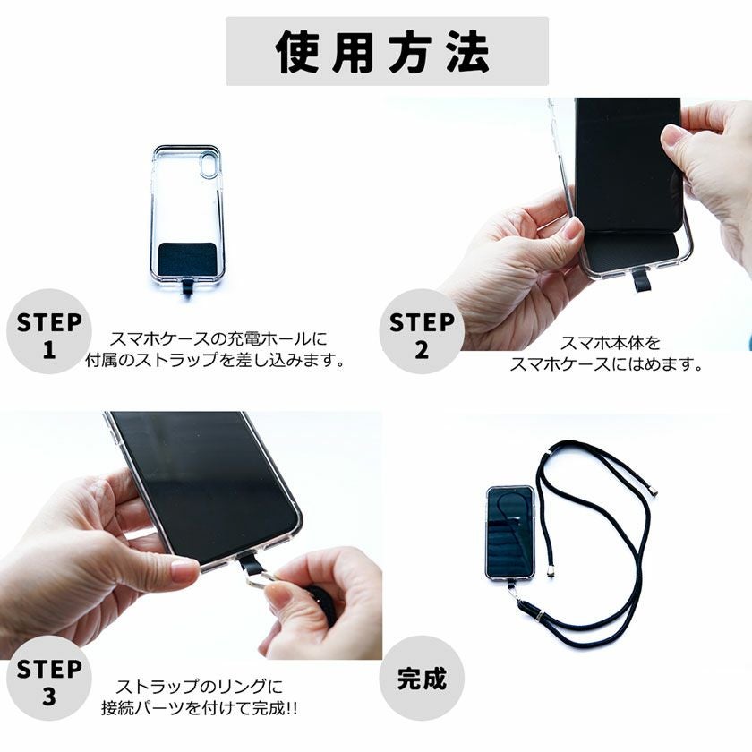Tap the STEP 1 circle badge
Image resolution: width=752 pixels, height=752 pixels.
[x=48, y=331]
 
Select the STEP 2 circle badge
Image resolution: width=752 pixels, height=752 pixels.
[x=421, y=331]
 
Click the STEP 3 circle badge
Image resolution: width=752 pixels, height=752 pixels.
[x=48, y=678]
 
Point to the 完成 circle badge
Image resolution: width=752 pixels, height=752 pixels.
[x=421, y=678]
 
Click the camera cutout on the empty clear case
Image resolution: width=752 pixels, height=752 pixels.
[x=209, y=165]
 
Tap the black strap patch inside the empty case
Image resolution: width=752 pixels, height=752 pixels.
[x=187, y=259]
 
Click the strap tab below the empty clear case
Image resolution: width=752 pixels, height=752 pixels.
[x=187, y=289]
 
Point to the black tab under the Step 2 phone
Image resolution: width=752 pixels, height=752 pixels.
[x=642, y=280]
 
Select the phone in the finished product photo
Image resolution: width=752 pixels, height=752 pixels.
[x=510, y=534]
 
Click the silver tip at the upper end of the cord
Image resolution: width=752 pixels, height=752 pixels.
[x=654, y=491]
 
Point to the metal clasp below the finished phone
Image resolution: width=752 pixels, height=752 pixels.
[x=515, y=594]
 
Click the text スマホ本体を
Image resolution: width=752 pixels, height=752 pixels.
[x=610, y=342]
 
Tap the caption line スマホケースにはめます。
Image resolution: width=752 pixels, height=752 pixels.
[x=605, y=364]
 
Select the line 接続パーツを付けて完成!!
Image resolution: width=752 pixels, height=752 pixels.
[x=199, y=708]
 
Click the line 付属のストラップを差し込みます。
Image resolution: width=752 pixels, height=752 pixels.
[x=214, y=360]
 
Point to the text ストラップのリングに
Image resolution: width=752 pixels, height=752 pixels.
[x=199, y=687]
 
